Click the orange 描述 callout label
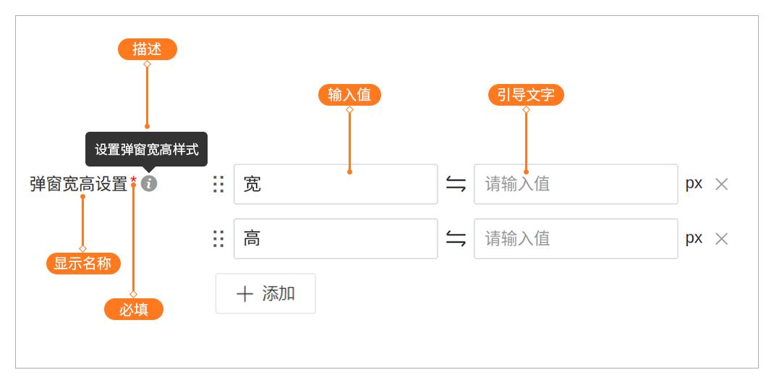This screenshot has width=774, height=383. point(147,49)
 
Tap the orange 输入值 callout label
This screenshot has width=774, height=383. point(349,95)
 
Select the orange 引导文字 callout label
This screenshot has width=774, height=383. point(526,95)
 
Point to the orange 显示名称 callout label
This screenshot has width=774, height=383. point(83,264)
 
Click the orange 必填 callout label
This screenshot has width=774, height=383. point(134,309)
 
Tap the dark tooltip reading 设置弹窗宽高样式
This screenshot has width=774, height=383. point(147,149)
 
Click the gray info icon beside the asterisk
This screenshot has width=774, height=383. point(149,184)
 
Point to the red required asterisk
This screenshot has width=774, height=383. point(134,180)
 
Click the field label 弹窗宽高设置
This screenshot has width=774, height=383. point(79,185)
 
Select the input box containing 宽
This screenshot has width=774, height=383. point(336,184)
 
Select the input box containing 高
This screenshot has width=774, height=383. point(336,239)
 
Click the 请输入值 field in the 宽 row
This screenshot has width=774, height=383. point(576,184)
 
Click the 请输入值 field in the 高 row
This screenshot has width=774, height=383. point(576,239)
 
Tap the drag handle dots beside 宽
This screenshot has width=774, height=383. point(218,185)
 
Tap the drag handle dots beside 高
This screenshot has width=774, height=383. point(218,239)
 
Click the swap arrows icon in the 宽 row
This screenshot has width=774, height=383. point(456,185)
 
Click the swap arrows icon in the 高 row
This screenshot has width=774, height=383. point(456,239)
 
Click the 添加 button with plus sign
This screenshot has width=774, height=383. point(265,293)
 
